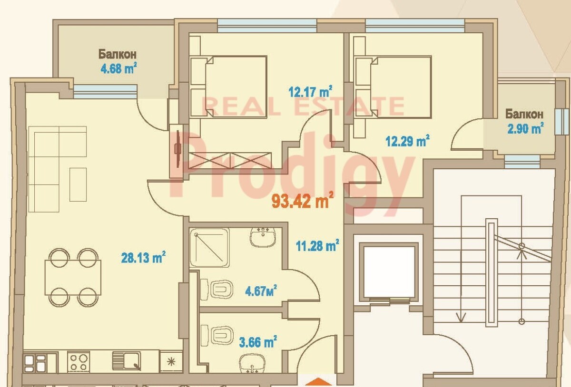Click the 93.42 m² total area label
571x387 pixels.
303,201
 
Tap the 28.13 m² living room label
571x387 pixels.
143,257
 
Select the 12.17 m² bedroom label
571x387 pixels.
310,91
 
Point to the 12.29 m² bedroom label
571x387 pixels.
408,141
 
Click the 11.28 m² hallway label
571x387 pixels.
317,245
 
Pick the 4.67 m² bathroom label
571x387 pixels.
261,290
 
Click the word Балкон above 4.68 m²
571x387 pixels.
118,54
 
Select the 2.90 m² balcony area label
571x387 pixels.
525,128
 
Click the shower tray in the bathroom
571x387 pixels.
209,247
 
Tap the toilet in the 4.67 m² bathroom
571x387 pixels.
217,290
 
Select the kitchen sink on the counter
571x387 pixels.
127,361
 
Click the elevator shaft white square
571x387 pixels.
389,272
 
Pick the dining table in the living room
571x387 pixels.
73,278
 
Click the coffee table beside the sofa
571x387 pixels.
78,184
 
